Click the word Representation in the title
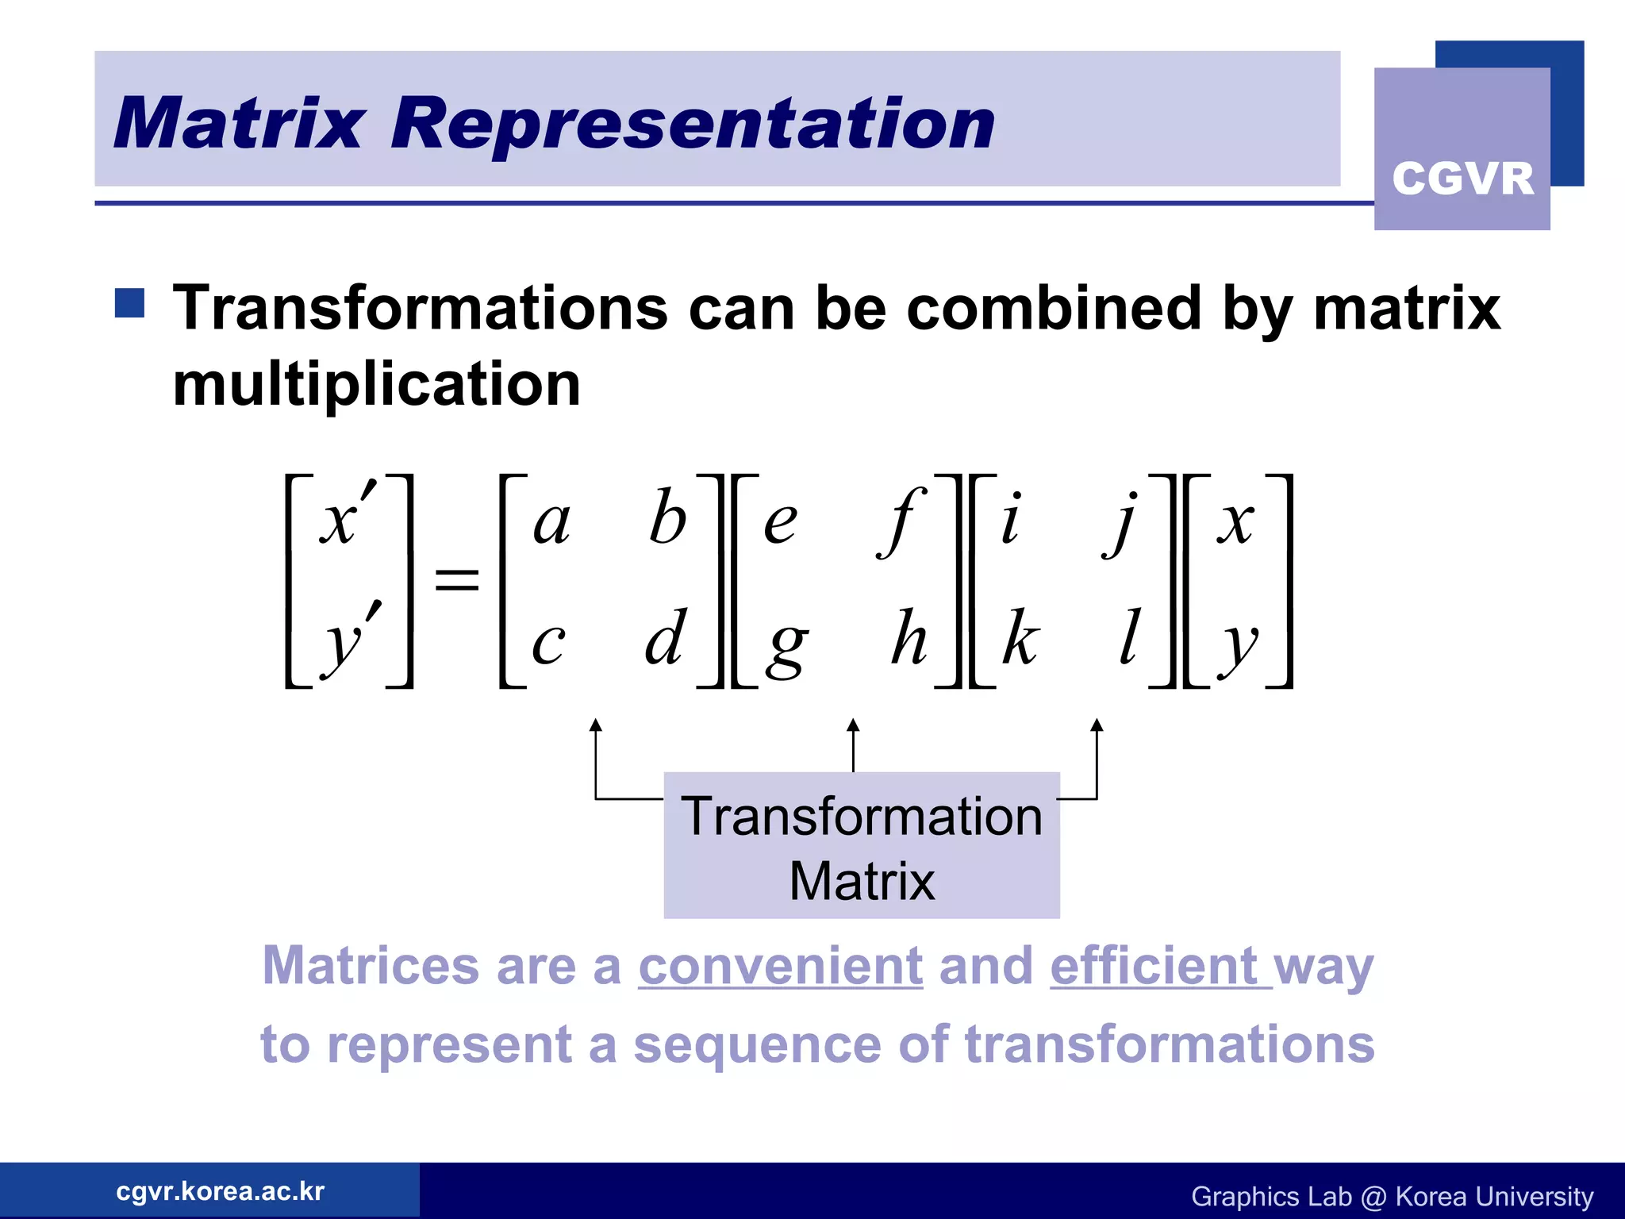click(693, 125)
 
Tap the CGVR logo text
click(1462, 179)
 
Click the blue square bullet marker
click(129, 303)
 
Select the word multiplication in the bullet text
click(377, 384)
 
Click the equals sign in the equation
click(457, 579)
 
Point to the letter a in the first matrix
click(551, 523)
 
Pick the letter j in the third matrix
click(1121, 523)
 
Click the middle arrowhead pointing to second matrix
click(853, 725)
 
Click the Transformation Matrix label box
click(862, 846)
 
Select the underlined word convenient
click(781, 967)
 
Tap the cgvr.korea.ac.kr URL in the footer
click(220, 1191)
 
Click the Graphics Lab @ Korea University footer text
click(1392, 1196)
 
